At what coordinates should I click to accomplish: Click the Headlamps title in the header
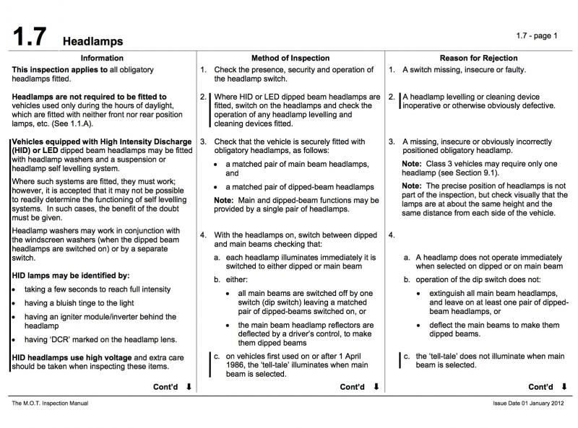[92, 41]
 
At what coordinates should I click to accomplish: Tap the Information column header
[102, 58]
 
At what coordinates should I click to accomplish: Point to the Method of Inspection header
[290, 58]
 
